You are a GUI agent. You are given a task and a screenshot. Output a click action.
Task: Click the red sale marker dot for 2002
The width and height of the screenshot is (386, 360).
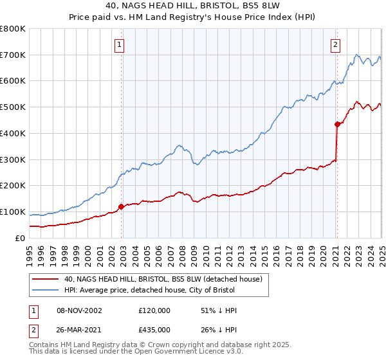pyautogui.click(x=121, y=206)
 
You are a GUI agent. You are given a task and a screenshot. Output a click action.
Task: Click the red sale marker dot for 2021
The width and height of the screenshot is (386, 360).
pyautogui.click(x=336, y=124)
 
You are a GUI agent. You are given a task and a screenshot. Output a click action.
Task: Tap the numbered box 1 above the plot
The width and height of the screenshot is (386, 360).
pyautogui.click(x=120, y=44)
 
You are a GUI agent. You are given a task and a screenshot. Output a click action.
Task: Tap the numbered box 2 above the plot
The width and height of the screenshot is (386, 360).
pyautogui.click(x=336, y=44)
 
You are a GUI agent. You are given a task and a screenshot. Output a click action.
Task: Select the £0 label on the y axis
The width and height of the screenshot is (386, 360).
pyautogui.click(x=21, y=238)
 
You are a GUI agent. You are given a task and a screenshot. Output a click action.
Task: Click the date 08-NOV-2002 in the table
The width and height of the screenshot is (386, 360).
pyautogui.click(x=80, y=310)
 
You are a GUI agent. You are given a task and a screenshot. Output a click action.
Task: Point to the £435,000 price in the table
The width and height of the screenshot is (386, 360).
pyautogui.click(x=154, y=328)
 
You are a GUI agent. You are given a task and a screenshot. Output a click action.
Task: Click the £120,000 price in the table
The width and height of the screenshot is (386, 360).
pyautogui.click(x=154, y=310)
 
